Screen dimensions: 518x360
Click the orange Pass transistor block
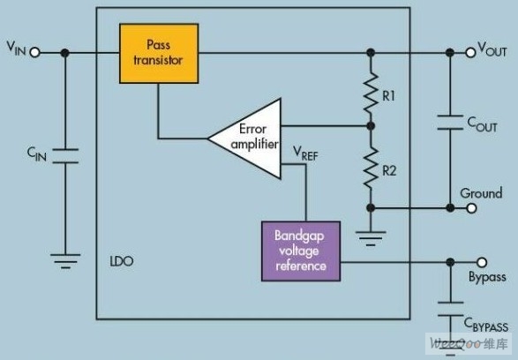(159, 53)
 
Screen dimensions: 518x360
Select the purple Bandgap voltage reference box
(301, 251)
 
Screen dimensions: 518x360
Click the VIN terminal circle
(35, 52)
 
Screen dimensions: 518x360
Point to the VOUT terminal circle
(470, 52)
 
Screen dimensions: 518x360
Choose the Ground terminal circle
(472, 208)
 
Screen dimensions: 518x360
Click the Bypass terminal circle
(482, 262)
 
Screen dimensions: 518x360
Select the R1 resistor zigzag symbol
(371, 93)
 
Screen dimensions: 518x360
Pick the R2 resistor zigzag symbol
(371, 169)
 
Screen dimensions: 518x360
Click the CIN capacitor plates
(65, 156)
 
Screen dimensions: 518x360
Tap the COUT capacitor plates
(450, 122)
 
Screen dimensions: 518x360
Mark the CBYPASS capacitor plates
(450, 309)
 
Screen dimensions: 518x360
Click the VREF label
(305, 154)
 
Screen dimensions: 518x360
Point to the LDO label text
(122, 261)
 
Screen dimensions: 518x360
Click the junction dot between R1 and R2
(371, 126)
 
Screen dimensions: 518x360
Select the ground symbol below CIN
(65, 261)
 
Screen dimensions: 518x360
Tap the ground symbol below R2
(371, 238)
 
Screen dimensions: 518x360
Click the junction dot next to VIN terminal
(65, 53)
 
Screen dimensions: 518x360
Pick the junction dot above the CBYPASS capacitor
(450, 262)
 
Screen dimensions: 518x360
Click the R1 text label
(388, 96)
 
